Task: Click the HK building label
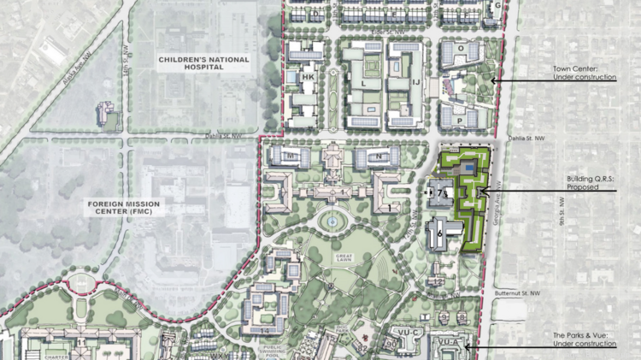coord(309,77)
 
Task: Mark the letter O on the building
coord(460,49)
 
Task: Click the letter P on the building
coord(460,121)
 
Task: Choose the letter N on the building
coord(378,156)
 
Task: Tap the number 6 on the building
coord(439,232)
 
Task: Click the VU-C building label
coord(405,331)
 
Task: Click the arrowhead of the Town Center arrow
coord(491,80)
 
